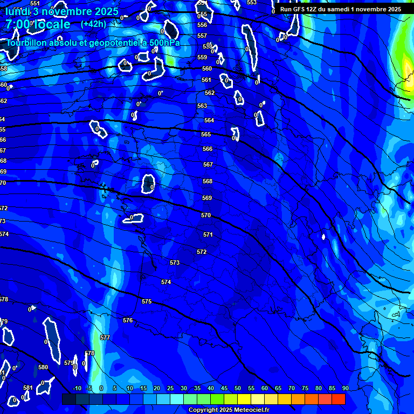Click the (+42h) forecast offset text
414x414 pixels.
point(93,24)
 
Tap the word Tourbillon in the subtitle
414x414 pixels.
point(26,43)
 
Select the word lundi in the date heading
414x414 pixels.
point(18,11)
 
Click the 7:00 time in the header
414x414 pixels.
point(19,25)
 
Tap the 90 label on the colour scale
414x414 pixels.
point(345,389)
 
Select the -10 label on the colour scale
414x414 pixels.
point(77,389)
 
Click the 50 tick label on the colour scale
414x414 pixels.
point(238,389)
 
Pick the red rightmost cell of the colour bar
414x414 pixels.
point(339,399)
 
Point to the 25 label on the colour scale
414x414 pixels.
point(170,389)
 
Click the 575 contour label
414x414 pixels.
point(147,301)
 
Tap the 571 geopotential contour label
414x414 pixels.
point(208,234)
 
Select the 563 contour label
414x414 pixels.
point(202,106)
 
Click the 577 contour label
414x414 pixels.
point(105,337)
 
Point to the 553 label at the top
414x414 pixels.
point(252,3)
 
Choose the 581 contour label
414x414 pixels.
point(28,388)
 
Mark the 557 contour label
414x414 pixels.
point(202,36)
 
